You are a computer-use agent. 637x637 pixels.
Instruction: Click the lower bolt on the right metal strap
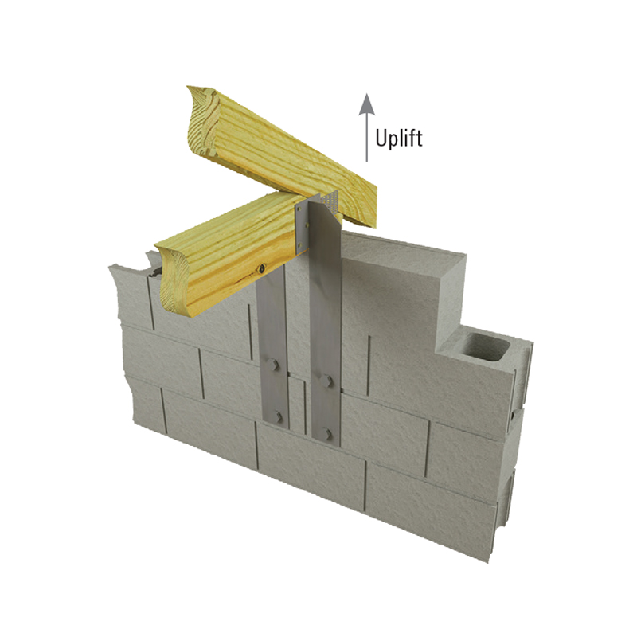[x=325, y=433]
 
